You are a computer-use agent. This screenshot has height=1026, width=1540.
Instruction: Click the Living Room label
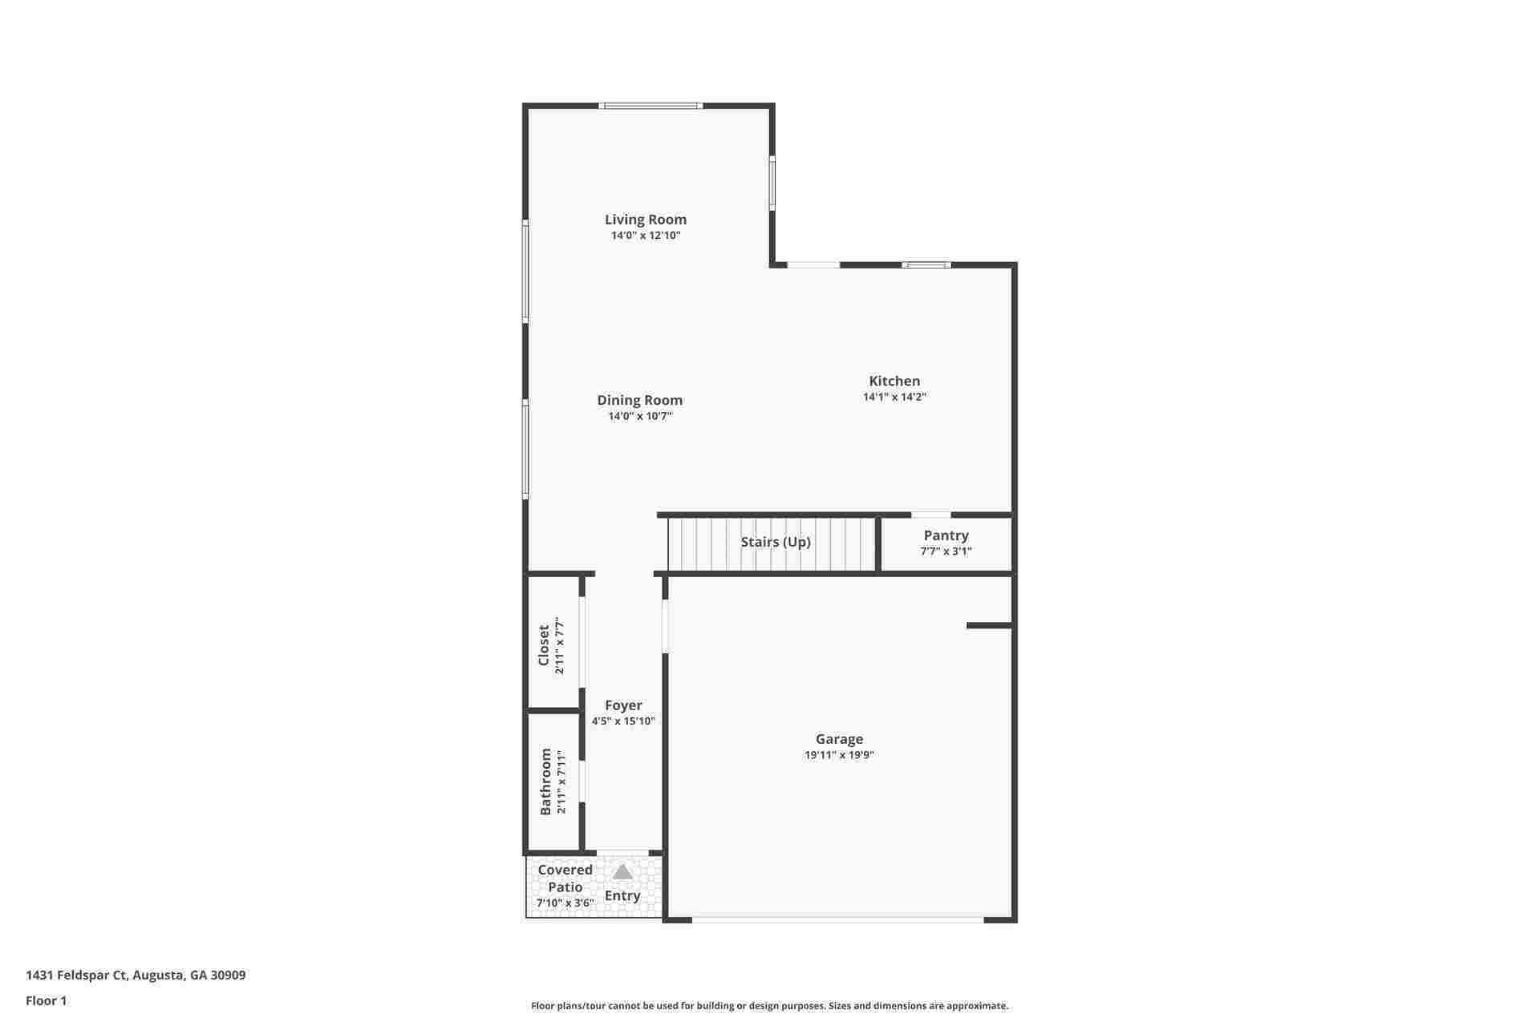(645, 220)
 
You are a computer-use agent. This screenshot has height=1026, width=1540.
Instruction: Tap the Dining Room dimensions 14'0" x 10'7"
(640, 416)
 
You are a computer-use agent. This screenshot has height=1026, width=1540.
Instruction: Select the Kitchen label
(894, 381)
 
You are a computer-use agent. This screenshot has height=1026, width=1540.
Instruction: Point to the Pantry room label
(946, 535)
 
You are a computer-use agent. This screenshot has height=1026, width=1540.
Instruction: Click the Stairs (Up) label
(775, 542)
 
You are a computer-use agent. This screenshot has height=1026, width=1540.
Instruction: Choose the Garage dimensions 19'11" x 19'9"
(839, 755)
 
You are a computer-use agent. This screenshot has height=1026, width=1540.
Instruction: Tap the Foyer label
(623, 705)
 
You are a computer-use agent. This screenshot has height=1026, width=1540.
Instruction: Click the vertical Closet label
(544, 645)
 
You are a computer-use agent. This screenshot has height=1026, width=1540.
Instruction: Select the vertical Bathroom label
(546, 782)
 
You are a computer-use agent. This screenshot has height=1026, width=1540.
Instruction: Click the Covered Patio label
(565, 879)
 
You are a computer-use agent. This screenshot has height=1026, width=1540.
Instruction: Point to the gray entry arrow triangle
(622, 872)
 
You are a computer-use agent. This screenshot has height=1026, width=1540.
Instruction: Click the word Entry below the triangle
(622, 896)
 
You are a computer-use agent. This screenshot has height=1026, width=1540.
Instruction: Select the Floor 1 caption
(47, 1001)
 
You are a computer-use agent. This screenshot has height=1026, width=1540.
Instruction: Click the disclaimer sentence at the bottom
(769, 1006)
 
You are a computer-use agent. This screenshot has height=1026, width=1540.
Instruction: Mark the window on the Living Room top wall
(650, 106)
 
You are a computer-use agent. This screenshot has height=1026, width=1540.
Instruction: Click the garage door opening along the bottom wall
(837, 920)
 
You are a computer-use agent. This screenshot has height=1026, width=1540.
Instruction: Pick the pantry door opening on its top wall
(930, 515)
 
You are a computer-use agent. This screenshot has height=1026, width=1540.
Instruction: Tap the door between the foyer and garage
(665, 626)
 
